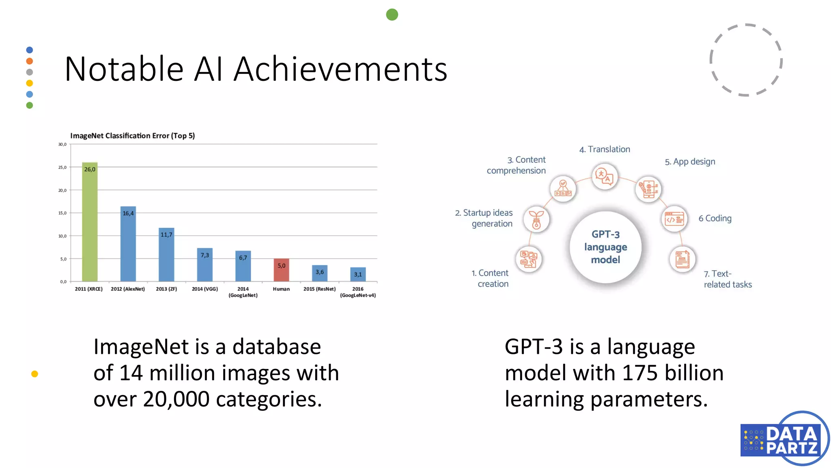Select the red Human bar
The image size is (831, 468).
click(281, 270)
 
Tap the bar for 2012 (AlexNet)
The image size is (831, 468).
click(128, 244)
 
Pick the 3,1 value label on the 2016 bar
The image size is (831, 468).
click(358, 274)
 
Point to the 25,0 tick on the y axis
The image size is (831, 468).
click(62, 167)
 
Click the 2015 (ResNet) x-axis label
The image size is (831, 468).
click(319, 289)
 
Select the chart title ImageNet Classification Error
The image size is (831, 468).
click(132, 136)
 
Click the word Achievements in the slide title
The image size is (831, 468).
click(340, 69)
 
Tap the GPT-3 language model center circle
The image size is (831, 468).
click(605, 247)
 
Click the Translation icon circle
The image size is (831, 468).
click(605, 177)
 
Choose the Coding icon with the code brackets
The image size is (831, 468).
click(674, 219)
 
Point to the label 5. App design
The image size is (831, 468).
click(690, 162)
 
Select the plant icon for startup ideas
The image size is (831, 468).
click(536, 219)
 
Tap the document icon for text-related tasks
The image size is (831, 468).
click(682, 259)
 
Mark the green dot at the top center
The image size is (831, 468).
click(392, 15)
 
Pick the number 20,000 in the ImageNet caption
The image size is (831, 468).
click(176, 399)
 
